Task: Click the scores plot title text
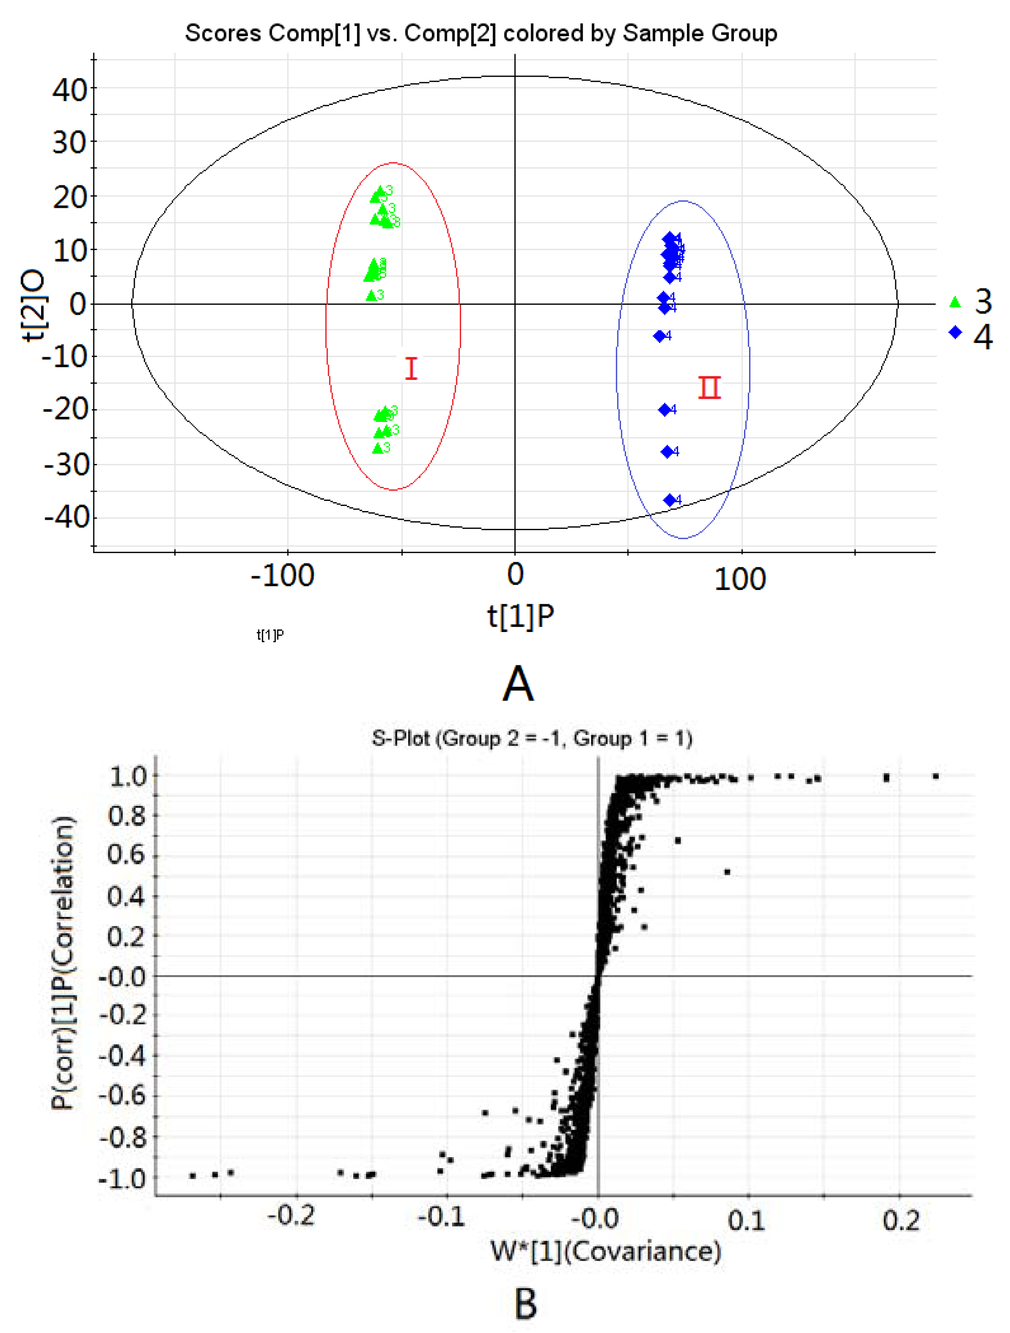coord(481,33)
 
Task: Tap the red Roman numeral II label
coord(709,388)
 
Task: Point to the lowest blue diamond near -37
coord(670,500)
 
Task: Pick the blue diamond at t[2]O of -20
coord(665,410)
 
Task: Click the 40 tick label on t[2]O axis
coord(69,90)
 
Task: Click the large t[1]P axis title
coord(521,616)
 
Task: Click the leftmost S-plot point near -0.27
coord(192,1176)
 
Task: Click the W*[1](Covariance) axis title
coord(606,1252)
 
